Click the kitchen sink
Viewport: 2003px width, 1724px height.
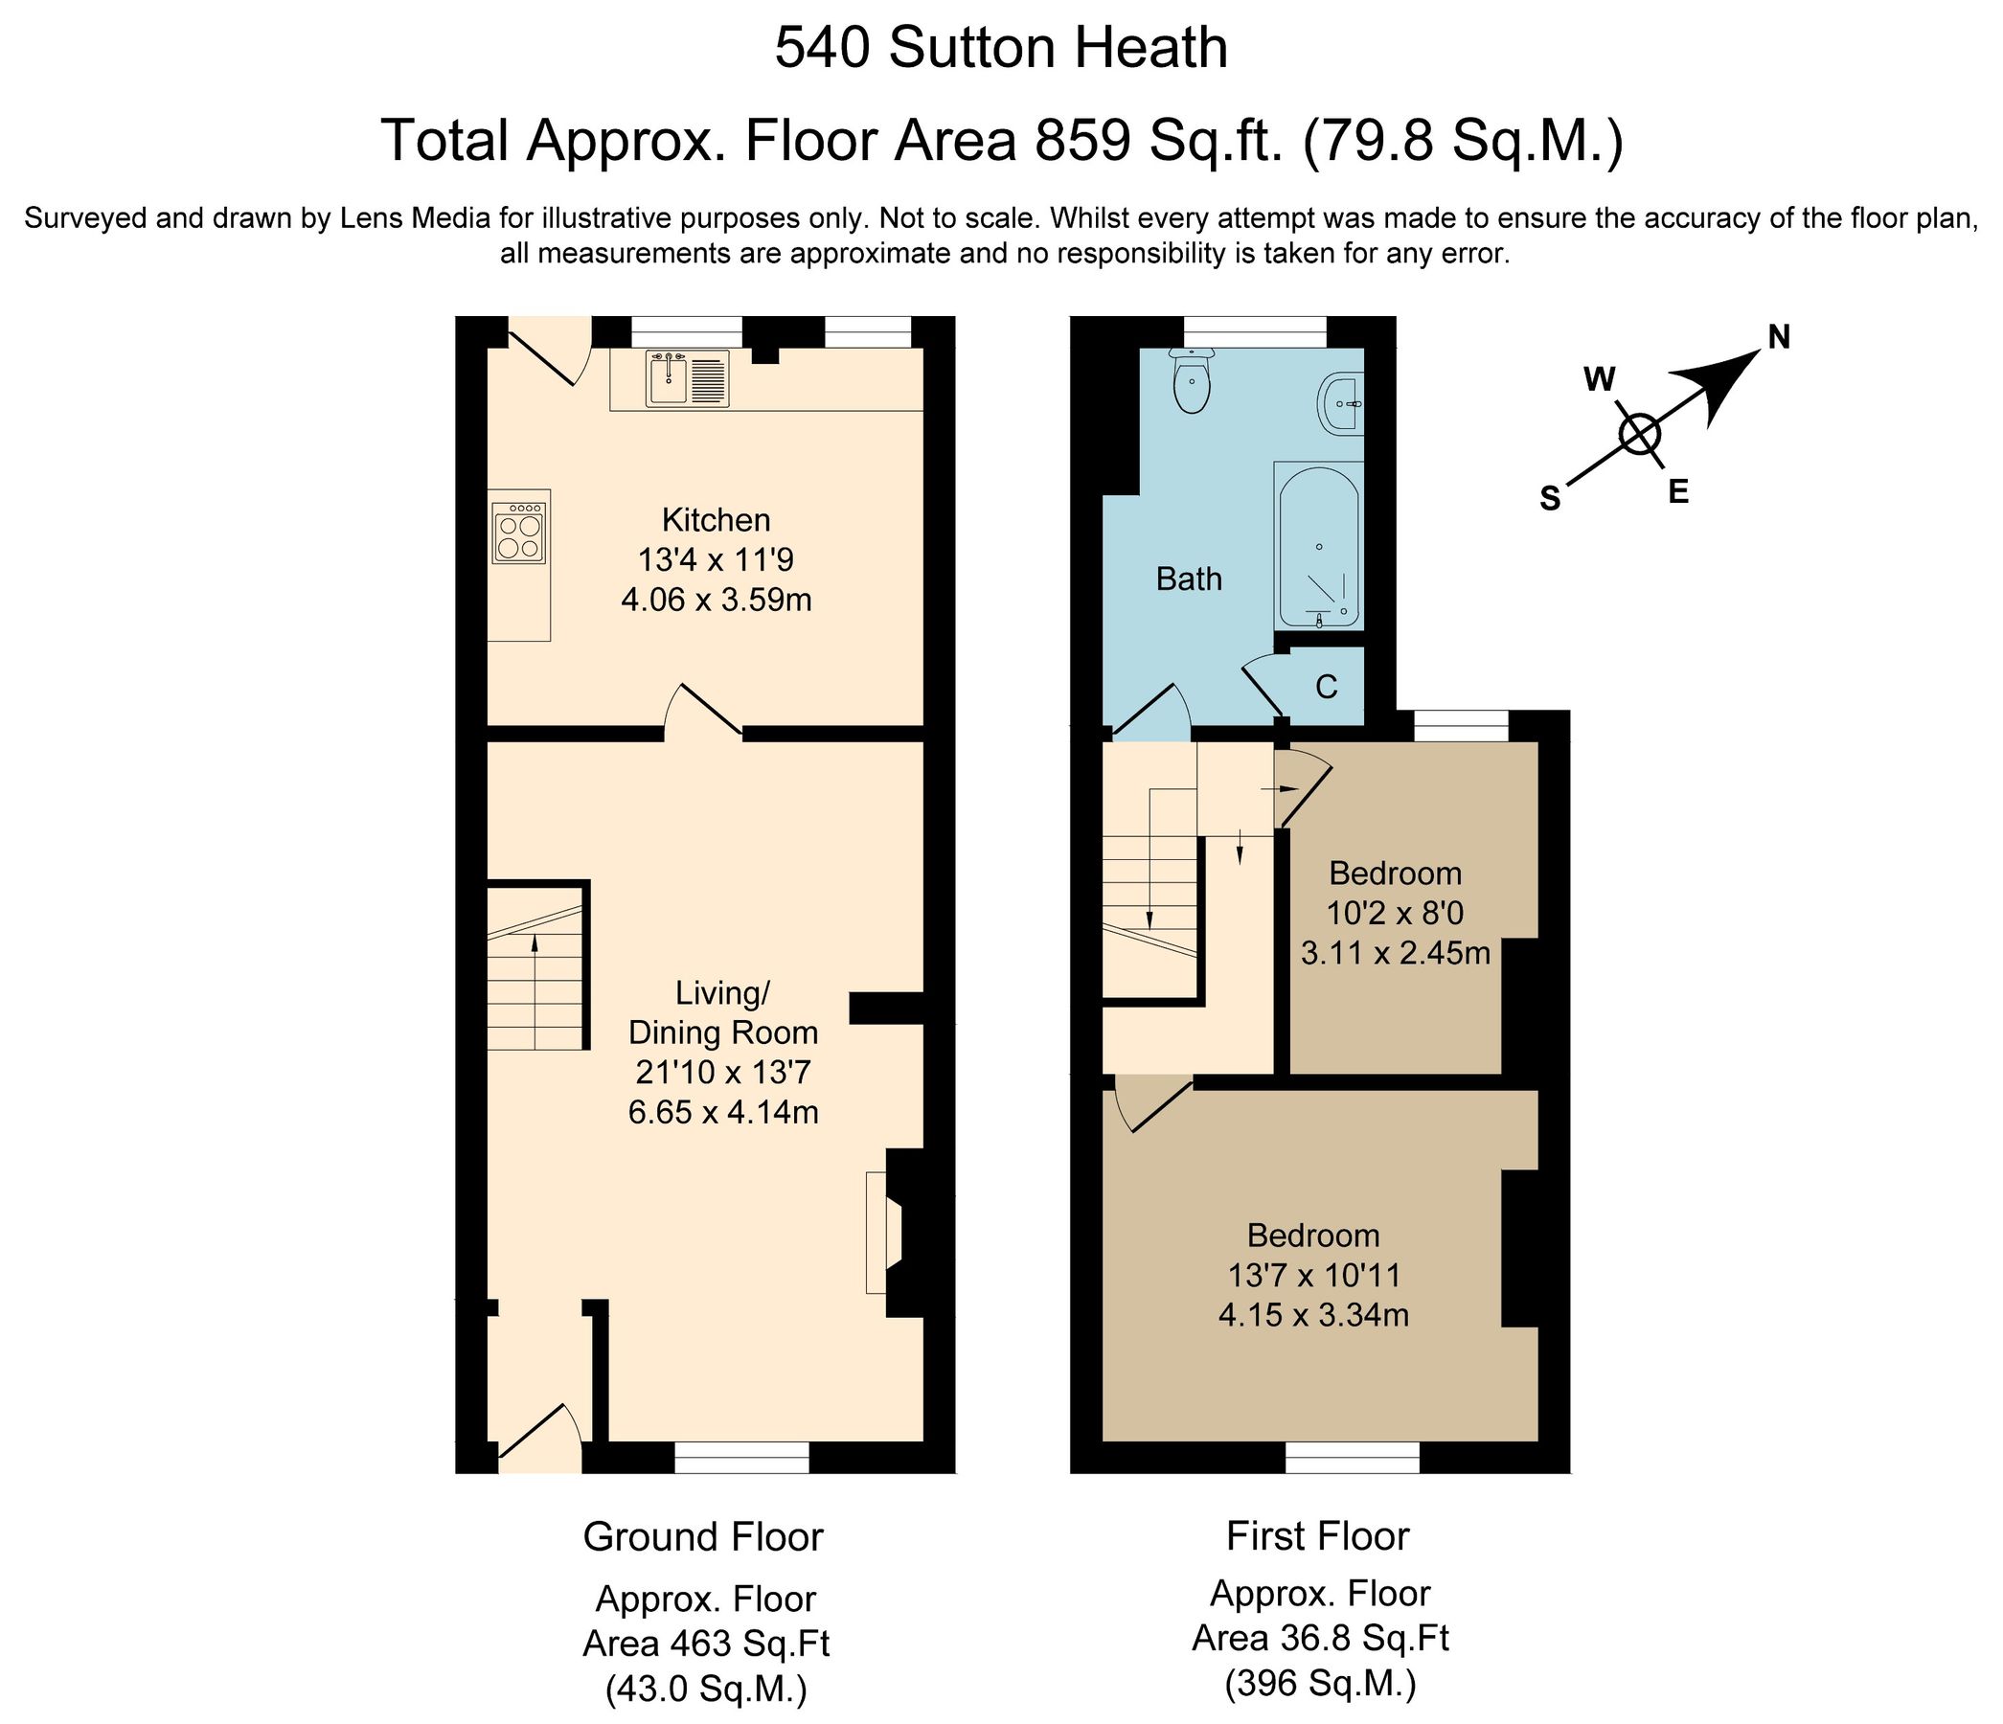[x=688, y=379]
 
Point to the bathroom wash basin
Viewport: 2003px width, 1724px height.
[x=1341, y=403]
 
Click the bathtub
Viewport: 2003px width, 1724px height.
[x=1320, y=546]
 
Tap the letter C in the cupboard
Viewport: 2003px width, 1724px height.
[x=1327, y=687]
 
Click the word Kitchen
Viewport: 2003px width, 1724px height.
[x=716, y=521]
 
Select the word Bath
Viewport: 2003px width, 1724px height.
[x=1189, y=579]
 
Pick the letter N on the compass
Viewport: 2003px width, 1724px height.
[x=1779, y=337]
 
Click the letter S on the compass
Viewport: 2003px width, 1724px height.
[x=1550, y=499]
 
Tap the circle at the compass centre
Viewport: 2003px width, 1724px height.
[x=1640, y=434]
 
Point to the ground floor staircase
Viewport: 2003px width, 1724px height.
[x=535, y=966]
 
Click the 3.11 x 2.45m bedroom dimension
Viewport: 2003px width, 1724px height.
[x=1395, y=955]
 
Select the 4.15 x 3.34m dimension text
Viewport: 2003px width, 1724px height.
[x=1312, y=1315]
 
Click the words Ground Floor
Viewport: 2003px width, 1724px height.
[x=703, y=1537]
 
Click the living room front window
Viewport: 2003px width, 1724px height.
[x=741, y=1459]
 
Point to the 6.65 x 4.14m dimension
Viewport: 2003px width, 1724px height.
[x=723, y=1112]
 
